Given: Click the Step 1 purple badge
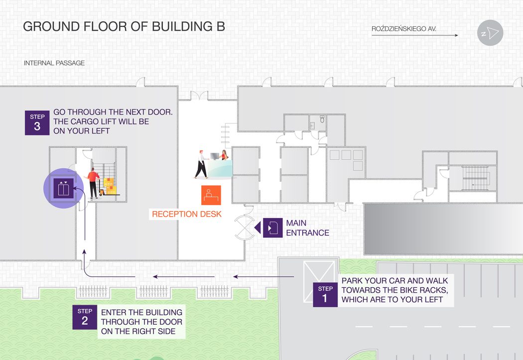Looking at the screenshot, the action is coord(325,295).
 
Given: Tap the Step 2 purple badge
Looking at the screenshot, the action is coord(85,317).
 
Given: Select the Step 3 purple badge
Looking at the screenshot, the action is coord(37,122).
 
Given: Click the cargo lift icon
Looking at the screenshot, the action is coord(63,188).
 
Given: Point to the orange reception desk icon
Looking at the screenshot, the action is coord(211,195).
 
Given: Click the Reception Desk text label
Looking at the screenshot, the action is coord(187,214).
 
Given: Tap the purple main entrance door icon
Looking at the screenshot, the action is coord(272,228).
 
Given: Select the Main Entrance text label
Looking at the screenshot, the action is coord(307,228).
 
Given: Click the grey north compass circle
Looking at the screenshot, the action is coord(490,33).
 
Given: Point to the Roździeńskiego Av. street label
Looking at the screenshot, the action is coord(404,29).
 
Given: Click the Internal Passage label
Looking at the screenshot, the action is coord(54,63).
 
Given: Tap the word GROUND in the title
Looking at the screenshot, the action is coord(51,26).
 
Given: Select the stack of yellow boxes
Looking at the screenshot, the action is coord(110,186).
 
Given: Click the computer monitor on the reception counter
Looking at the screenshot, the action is coord(215,156).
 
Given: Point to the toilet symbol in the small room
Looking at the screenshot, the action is coord(322,119).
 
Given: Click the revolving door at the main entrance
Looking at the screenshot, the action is coord(245,228).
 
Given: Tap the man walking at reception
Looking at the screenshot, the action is coord(201,164).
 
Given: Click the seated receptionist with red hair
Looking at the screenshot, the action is coord(225,155).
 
